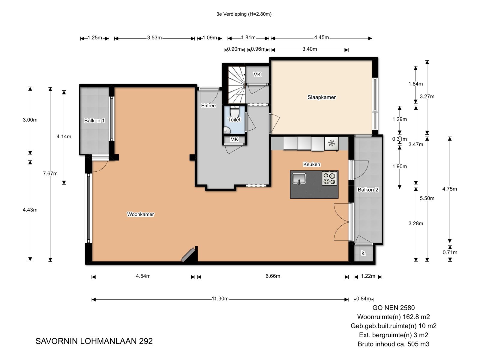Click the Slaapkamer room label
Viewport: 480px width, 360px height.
(x=321, y=97)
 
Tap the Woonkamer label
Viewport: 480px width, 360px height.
(x=140, y=214)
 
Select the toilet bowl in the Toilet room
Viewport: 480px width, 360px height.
(x=235, y=112)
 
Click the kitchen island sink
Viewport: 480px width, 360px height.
(x=299, y=178)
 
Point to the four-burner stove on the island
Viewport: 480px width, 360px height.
(x=329, y=178)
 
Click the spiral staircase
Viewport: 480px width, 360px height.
(x=237, y=85)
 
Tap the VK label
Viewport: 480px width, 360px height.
(x=257, y=74)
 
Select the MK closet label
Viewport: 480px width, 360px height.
(x=234, y=139)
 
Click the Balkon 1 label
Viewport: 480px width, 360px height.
(x=94, y=120)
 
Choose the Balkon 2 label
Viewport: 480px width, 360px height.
(x=368, y=190)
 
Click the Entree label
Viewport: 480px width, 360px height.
(x=208, y=106)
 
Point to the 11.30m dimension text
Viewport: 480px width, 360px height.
(x=220, y=298)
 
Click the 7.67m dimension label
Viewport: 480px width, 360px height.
(x=50, y=174)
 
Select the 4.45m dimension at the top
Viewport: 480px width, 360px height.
(x=322, y=37)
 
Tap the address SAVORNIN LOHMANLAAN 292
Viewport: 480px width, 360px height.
(x=94, y=341)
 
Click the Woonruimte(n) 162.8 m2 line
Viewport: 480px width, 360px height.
(x=393, y=317)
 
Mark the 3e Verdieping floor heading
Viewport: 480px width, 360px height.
(x=244, y=14)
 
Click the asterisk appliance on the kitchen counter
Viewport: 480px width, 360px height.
(x=331, y=144)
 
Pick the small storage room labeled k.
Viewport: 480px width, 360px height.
(x=363, y=253)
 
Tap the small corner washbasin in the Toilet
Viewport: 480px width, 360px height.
(x=227, y=131)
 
